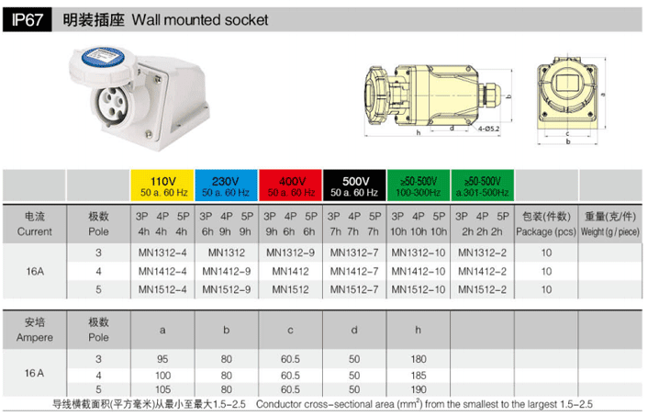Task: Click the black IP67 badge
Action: pyautogui.click(x=28, y=20)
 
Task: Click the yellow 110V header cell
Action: pyautogui.click(x=162, y=186)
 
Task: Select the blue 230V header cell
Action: pyautogui.click(x=226, y=186)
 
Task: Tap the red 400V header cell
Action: pyautogui.click(x=290, y=186)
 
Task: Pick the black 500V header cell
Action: pyautogui.click(x=354, y=186)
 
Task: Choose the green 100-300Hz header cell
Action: pyautogui.click(x=419, y=186)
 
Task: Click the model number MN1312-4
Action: pyautogui.click(x=162, y=253)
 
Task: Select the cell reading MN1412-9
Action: pyautogui.click(x=227, y=271)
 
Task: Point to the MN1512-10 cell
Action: pyautogui.click(x=419, y=289)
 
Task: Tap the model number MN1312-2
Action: pyautogui.click(x=483, y=253)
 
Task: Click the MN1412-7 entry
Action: pyautogui.click(x=354, y=271)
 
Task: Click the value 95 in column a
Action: pyautogui.click(x=162, y=359)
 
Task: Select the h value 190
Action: pyautogui.click(x=419, y=389)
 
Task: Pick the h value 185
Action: pyautogui.click(x=419, y=376)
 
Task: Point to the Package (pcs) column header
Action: pyautogui.click(x=546, y=231)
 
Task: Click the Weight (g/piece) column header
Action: pyautogui.click(x=610, y=231)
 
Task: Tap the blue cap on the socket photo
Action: pyautogui.click(x=104, y=57)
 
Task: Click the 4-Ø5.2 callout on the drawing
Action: pyautogui.click(x=489, y=129)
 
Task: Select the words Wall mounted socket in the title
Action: pyautogui.click(x=200, y=20)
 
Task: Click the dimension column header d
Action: pyautogui.click(x=354, y=331)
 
